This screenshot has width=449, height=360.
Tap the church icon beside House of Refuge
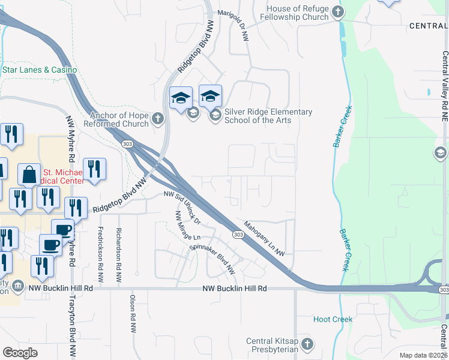coord(338,11)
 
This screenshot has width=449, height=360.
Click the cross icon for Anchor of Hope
coord(158,118)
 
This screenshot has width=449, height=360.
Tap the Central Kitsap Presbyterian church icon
coord(307,344)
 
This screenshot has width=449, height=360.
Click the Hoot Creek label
coord(333,319)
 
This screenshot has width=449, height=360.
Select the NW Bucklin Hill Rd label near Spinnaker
coord(234,289)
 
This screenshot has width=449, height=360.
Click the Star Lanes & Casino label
coord(40,70)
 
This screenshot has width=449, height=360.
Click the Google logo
coord(20,353)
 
